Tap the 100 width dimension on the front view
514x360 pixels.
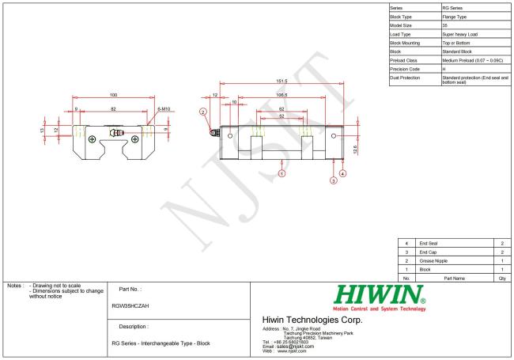pos(113,96)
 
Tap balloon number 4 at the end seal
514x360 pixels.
pos(342,172)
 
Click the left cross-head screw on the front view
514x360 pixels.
pos(93,139)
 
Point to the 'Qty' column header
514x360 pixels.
pos(502,278)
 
